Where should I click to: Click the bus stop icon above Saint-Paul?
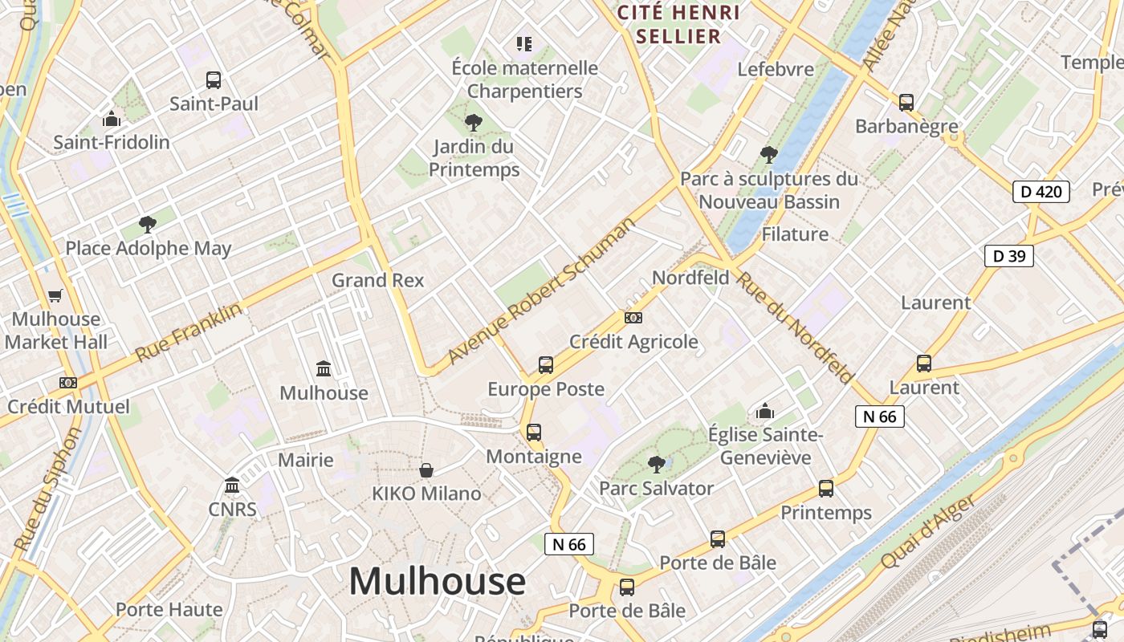click(x=213, y=80)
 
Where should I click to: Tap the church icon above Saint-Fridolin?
click(x=112, y=120)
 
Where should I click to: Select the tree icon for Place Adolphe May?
click(x=147, y=225)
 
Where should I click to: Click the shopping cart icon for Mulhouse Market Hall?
click(x=55, y=295)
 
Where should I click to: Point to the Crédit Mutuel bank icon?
click(x=68, y=383)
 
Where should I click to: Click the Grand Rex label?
click(x=378, y=281)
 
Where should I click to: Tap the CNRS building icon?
click(x=233, y=486)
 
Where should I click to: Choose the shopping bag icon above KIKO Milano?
click(x=426, y=469)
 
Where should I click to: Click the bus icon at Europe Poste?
click(x=546, y=365)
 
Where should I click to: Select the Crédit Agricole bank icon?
click(x=633, y=318)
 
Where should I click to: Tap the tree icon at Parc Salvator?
click(x=657, y=464)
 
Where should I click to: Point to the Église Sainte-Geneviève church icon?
click(x=765, y=412)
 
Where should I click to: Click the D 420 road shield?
click(x=1041, y=192)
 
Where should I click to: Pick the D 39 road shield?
click(x=1009, y=256)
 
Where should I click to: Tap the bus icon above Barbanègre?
click(x=906, y=102)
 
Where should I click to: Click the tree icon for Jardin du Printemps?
click(x=474, y=123)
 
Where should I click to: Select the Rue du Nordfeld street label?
click(x=795, y=328)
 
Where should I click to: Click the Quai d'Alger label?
click(x=930, y=531)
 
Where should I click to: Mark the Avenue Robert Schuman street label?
click(x=542, y=291)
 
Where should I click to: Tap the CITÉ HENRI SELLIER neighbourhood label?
click(x=678, y=24)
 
